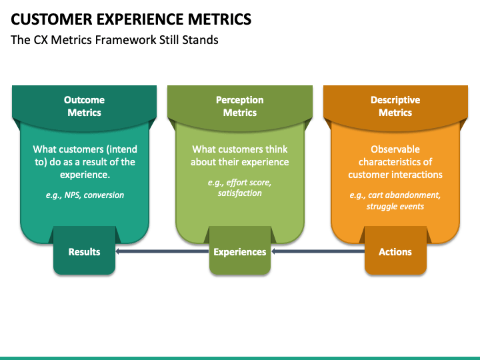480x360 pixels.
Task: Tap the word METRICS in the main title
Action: click(x=219, y=19)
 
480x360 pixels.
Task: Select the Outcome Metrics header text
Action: click(x=84, y=106)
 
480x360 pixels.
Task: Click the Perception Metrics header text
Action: click(x=240, y=106)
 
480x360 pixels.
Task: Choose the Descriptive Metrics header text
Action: click(x=395, y=106)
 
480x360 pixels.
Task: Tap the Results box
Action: click(x=84, y=250)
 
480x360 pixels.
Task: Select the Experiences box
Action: click(x=240, y=250)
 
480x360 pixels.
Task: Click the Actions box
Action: click(x=395, y=250)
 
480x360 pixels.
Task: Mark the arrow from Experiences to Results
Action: click(x=162, y=251)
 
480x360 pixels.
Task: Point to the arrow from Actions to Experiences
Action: click(x=318, y=251)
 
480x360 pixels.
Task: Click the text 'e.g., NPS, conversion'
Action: click(x=85, y=195)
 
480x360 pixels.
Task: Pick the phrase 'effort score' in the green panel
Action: click(x=249, y=183)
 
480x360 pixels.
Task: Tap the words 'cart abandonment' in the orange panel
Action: click(x=404, y=195)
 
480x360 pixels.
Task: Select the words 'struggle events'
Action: click(x=395, y=206)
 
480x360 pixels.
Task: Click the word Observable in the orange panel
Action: click(x=395, y=149)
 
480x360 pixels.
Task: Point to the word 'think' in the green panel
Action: click(x=277, y=149)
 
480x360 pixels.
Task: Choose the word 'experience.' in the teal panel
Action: click(x=85, y=175)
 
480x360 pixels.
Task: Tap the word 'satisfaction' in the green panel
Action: click(x=240, y=193)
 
